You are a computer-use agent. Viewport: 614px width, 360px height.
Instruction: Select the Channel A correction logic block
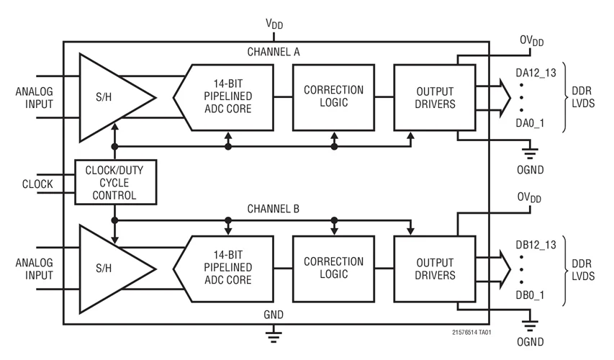[333, 96]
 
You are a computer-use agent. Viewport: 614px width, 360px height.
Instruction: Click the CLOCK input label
[37, 184]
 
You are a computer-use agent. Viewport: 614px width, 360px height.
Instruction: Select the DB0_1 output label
[530, 294]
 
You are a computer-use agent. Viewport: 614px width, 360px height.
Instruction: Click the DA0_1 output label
[530, 123]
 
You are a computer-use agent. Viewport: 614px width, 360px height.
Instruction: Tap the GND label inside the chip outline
[274, 315]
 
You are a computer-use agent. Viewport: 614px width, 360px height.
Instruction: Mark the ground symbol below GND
[274, 333]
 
